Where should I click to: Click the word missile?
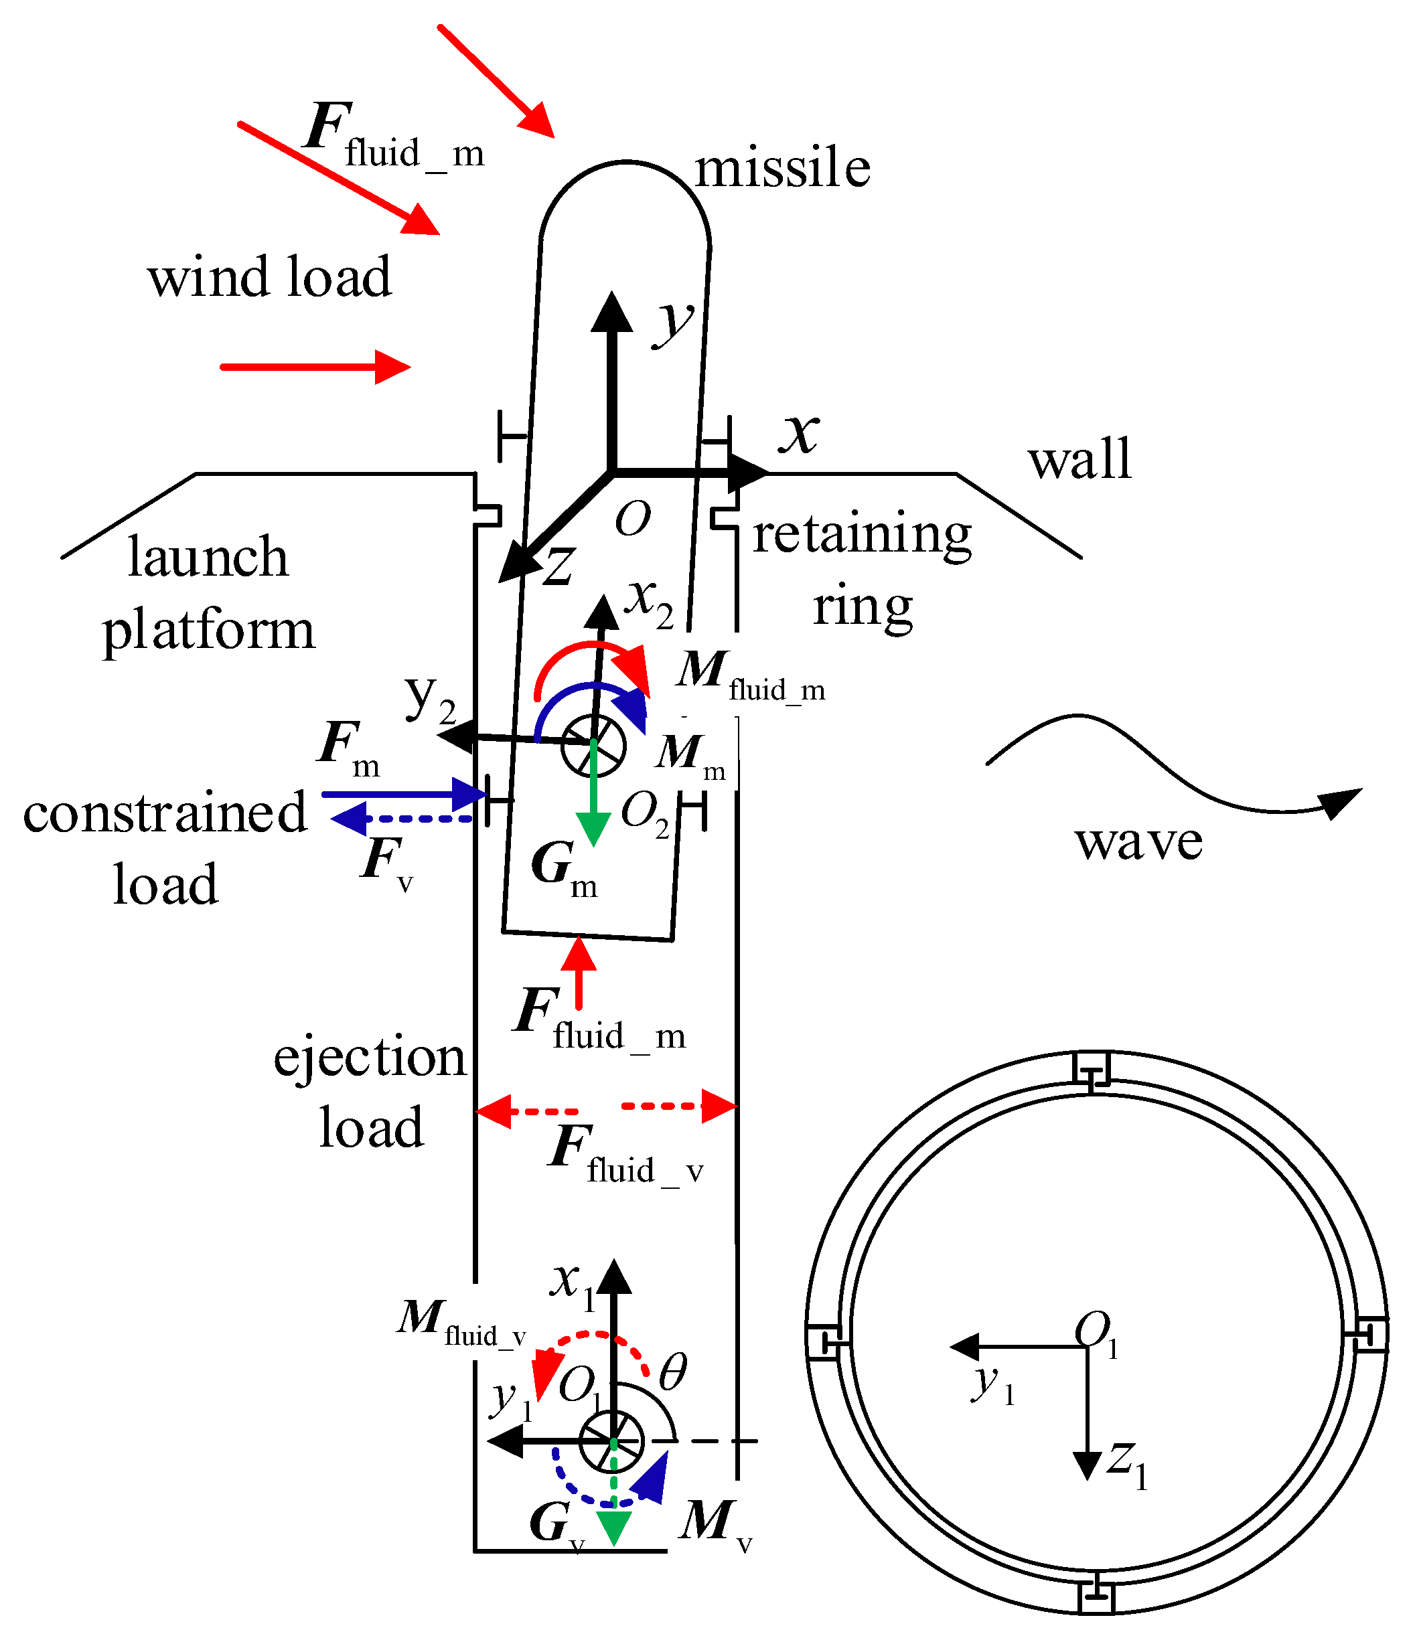click(781, 169)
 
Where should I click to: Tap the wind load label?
click(269, 277)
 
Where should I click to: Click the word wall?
click(1079, 459)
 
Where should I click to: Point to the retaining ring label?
click(861, 570)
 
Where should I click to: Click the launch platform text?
click(208, 594)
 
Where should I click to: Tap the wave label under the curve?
click(1138, 841)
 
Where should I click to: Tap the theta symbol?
click(672, 1372)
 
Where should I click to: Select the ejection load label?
click(370, 1092)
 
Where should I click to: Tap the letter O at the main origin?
click(633, 519)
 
